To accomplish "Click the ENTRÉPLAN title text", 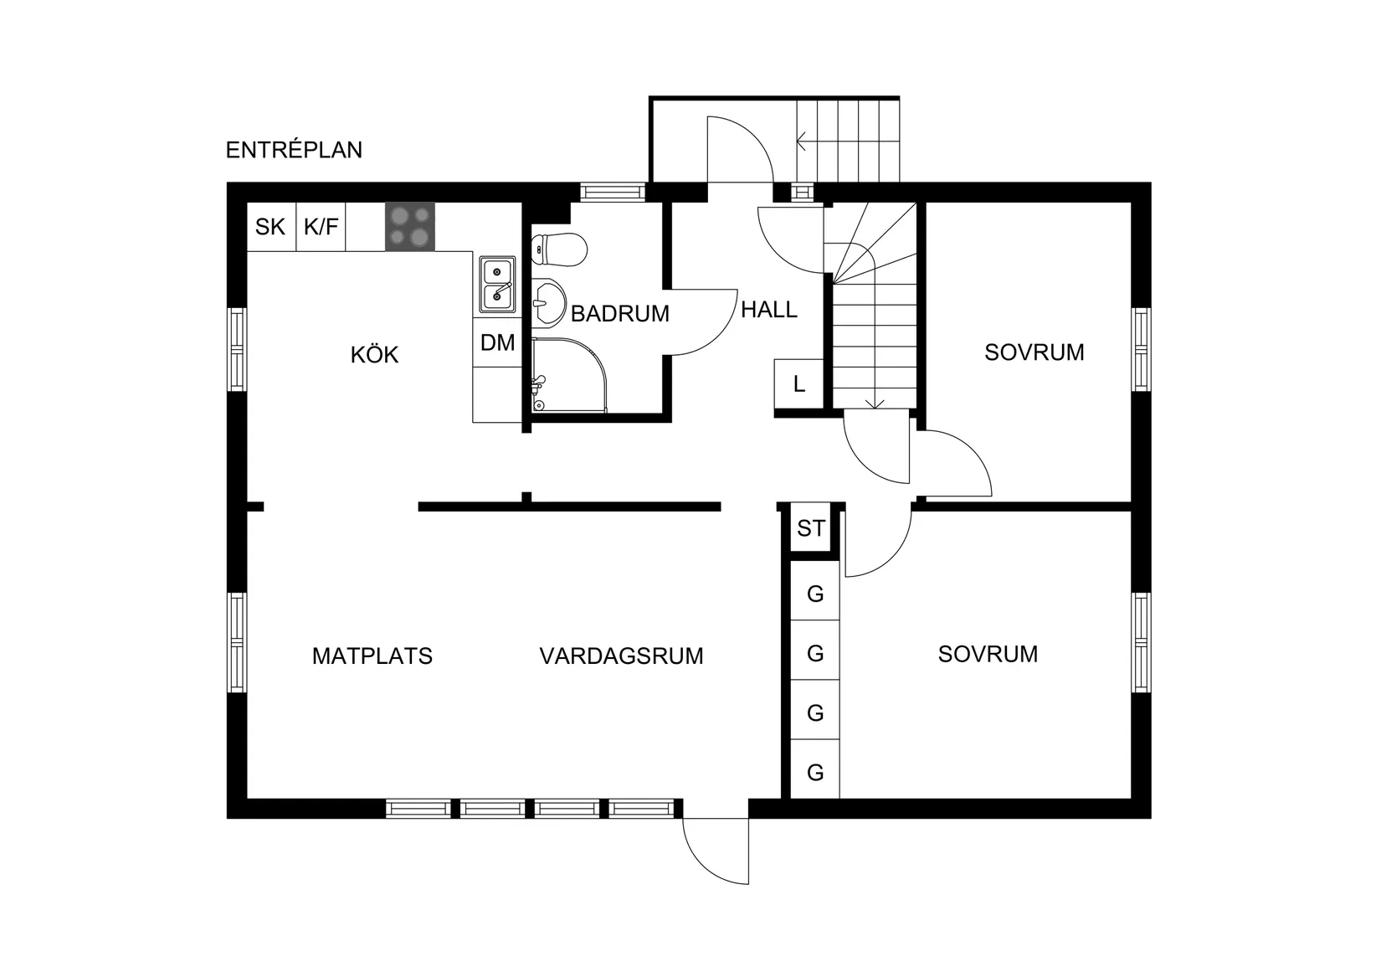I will (294, 150).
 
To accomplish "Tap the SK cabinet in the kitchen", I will (270, 226).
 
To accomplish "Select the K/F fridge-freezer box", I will (321, 226).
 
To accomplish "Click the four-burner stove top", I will (410, 227).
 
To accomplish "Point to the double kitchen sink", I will (497, 285).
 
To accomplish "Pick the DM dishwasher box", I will (497, 342).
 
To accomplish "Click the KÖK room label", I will (374, 355).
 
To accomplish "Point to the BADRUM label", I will (619, 314).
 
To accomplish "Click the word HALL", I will (768, 310).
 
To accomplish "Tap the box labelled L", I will (798, 384).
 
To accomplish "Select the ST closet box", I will (810, 528).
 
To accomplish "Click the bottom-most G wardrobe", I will (815, 773).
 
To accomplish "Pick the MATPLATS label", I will (372, 656).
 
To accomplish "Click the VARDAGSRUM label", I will (621, 656).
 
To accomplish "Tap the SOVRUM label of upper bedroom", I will (1034, 352).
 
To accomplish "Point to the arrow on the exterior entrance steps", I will (802, 141).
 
